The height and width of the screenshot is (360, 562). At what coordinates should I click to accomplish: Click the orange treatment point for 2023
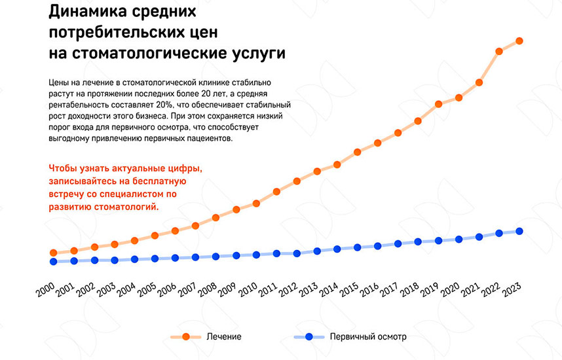point(519,41)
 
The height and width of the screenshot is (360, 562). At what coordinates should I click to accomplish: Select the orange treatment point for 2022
point(499,51)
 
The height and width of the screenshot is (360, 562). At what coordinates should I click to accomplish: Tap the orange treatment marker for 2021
point(479,82)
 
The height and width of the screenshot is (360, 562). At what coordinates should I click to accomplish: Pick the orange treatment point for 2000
point(54,253)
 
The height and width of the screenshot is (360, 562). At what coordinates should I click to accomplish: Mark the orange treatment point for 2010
point(257,204)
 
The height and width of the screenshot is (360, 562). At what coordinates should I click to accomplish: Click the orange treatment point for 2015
point(358,153)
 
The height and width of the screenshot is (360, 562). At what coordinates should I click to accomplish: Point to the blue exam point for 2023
point(519,231)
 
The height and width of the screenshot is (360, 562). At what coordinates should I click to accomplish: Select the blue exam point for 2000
point(54,262)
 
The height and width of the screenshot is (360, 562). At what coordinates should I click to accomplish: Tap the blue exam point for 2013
point(317,251)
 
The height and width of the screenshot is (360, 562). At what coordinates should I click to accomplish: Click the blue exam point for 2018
point(418,242)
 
